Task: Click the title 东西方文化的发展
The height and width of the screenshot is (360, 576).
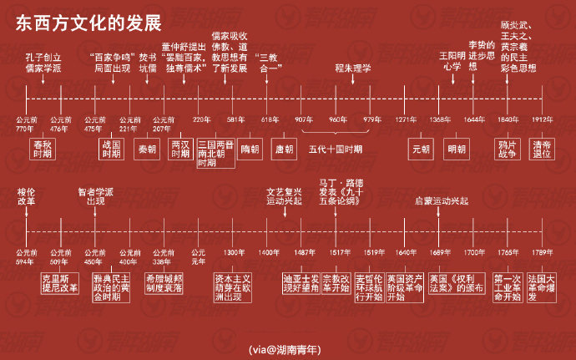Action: point(88,21)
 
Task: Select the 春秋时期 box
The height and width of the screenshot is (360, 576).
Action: point(41,149)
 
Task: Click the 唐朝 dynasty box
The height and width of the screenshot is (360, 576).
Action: point(284,149)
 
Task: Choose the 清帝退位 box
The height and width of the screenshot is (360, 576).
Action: point(543,149)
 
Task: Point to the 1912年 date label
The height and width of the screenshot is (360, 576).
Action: point(543,119)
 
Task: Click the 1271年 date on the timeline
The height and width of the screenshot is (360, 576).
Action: point(406,119)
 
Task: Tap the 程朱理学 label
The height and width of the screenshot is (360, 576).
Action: point(353,68)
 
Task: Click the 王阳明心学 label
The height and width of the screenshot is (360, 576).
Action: point(451,62)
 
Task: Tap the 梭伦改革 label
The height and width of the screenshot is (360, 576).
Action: point(27,196)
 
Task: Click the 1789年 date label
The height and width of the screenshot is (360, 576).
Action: point(543,252)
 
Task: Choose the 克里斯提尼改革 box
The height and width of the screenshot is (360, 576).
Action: point(60,282)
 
